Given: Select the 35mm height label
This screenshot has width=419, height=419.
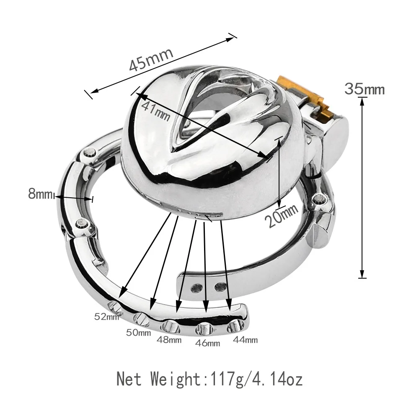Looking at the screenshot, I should (x=364, y=89).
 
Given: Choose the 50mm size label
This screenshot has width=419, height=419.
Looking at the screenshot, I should (x=139, y=333).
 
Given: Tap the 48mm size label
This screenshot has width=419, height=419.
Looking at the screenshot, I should (x=169, y=339).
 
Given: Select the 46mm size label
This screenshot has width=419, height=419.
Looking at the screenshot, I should (x=208, y=343).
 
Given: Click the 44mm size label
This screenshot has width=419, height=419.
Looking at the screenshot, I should (x=245, y=340).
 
